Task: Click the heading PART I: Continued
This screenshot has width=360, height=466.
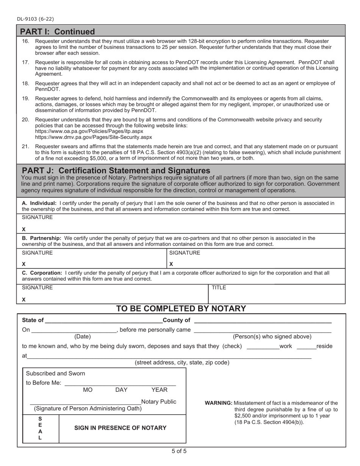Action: pos(57,31)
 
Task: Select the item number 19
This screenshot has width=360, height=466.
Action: pos(25,98)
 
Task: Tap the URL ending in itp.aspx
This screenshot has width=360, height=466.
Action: pos(89,131)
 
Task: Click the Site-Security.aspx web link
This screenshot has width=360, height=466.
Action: pos(93,137)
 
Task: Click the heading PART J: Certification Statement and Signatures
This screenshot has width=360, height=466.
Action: pos(116,170)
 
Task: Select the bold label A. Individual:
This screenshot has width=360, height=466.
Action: pos(39,203)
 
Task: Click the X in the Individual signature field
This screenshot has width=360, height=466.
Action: pos(24,229)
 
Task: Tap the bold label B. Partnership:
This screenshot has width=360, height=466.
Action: pos(41,238)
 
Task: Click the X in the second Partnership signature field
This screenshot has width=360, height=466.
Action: pos(171,264)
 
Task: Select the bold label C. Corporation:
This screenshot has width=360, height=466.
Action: pos(42,272)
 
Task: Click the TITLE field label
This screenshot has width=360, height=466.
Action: pos(219,288)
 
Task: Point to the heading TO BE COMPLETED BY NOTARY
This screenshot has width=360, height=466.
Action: pos(181,309)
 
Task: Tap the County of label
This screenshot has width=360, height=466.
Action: pos(176,320)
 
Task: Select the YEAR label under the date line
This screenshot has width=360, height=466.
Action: pos(159,390)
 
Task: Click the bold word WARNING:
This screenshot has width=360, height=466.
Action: pos(219,403)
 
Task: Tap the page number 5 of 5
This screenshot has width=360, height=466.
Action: pos(179,451)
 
